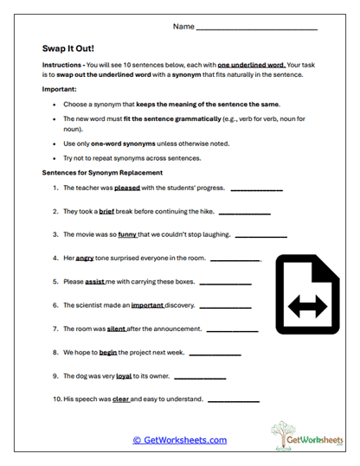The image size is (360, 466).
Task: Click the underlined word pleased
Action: pyautogui.click(x=127, y=188)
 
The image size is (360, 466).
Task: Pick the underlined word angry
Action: pyautogui.click(x=85, y=258)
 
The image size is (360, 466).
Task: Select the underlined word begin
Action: pyautogui.click(x=108, y=352)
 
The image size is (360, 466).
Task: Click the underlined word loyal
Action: pyautogui.click(x=124, y=376)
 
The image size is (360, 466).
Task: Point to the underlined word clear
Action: pyautogui.click(x=121, y=399)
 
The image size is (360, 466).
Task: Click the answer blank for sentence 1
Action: pyautogui.click(x=256, y=189)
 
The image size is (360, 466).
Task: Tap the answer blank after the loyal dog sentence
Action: pyautogui.click(x=200, y=378)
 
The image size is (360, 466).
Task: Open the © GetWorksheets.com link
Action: pyautogui.click(x=180, y=440)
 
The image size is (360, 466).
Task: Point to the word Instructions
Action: pyautogui.click(x=64, y=66)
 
